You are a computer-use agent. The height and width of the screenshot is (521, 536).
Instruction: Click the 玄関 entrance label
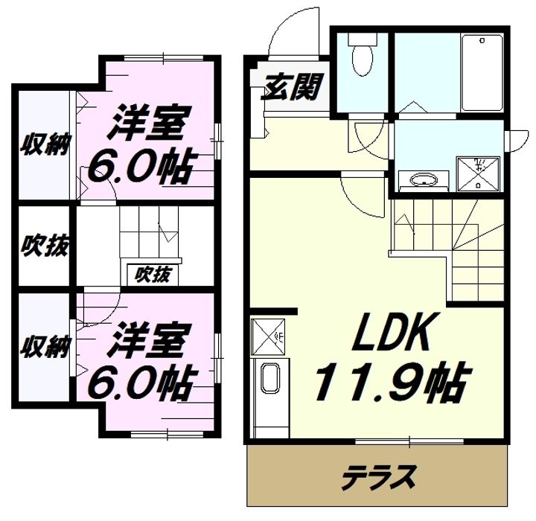pos(292,87)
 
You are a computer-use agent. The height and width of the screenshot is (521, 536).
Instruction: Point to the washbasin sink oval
pos(424,180)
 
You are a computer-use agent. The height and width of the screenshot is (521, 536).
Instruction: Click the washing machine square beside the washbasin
pos(478,173)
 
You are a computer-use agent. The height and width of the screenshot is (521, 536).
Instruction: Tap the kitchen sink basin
pos(270,379)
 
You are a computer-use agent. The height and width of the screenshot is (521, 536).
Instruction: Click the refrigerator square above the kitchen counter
pos(268,337)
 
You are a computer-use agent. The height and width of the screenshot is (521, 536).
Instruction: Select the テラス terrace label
pos(379,476)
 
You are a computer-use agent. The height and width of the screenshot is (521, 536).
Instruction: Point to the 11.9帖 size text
pos(393,381)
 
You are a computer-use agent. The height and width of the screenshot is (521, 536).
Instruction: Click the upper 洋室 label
pos(149,124)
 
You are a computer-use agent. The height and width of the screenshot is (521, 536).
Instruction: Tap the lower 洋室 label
pos(148,340)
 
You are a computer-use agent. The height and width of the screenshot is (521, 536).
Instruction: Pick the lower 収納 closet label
pos(45,346)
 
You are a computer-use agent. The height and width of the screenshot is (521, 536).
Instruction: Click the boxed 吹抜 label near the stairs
pos(153,275)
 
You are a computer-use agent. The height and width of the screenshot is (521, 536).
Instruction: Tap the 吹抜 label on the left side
pos(45,245)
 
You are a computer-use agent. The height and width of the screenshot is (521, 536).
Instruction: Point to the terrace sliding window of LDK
pos(409,441)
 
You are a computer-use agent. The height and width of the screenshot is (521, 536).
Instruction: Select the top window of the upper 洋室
pos(164,58)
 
